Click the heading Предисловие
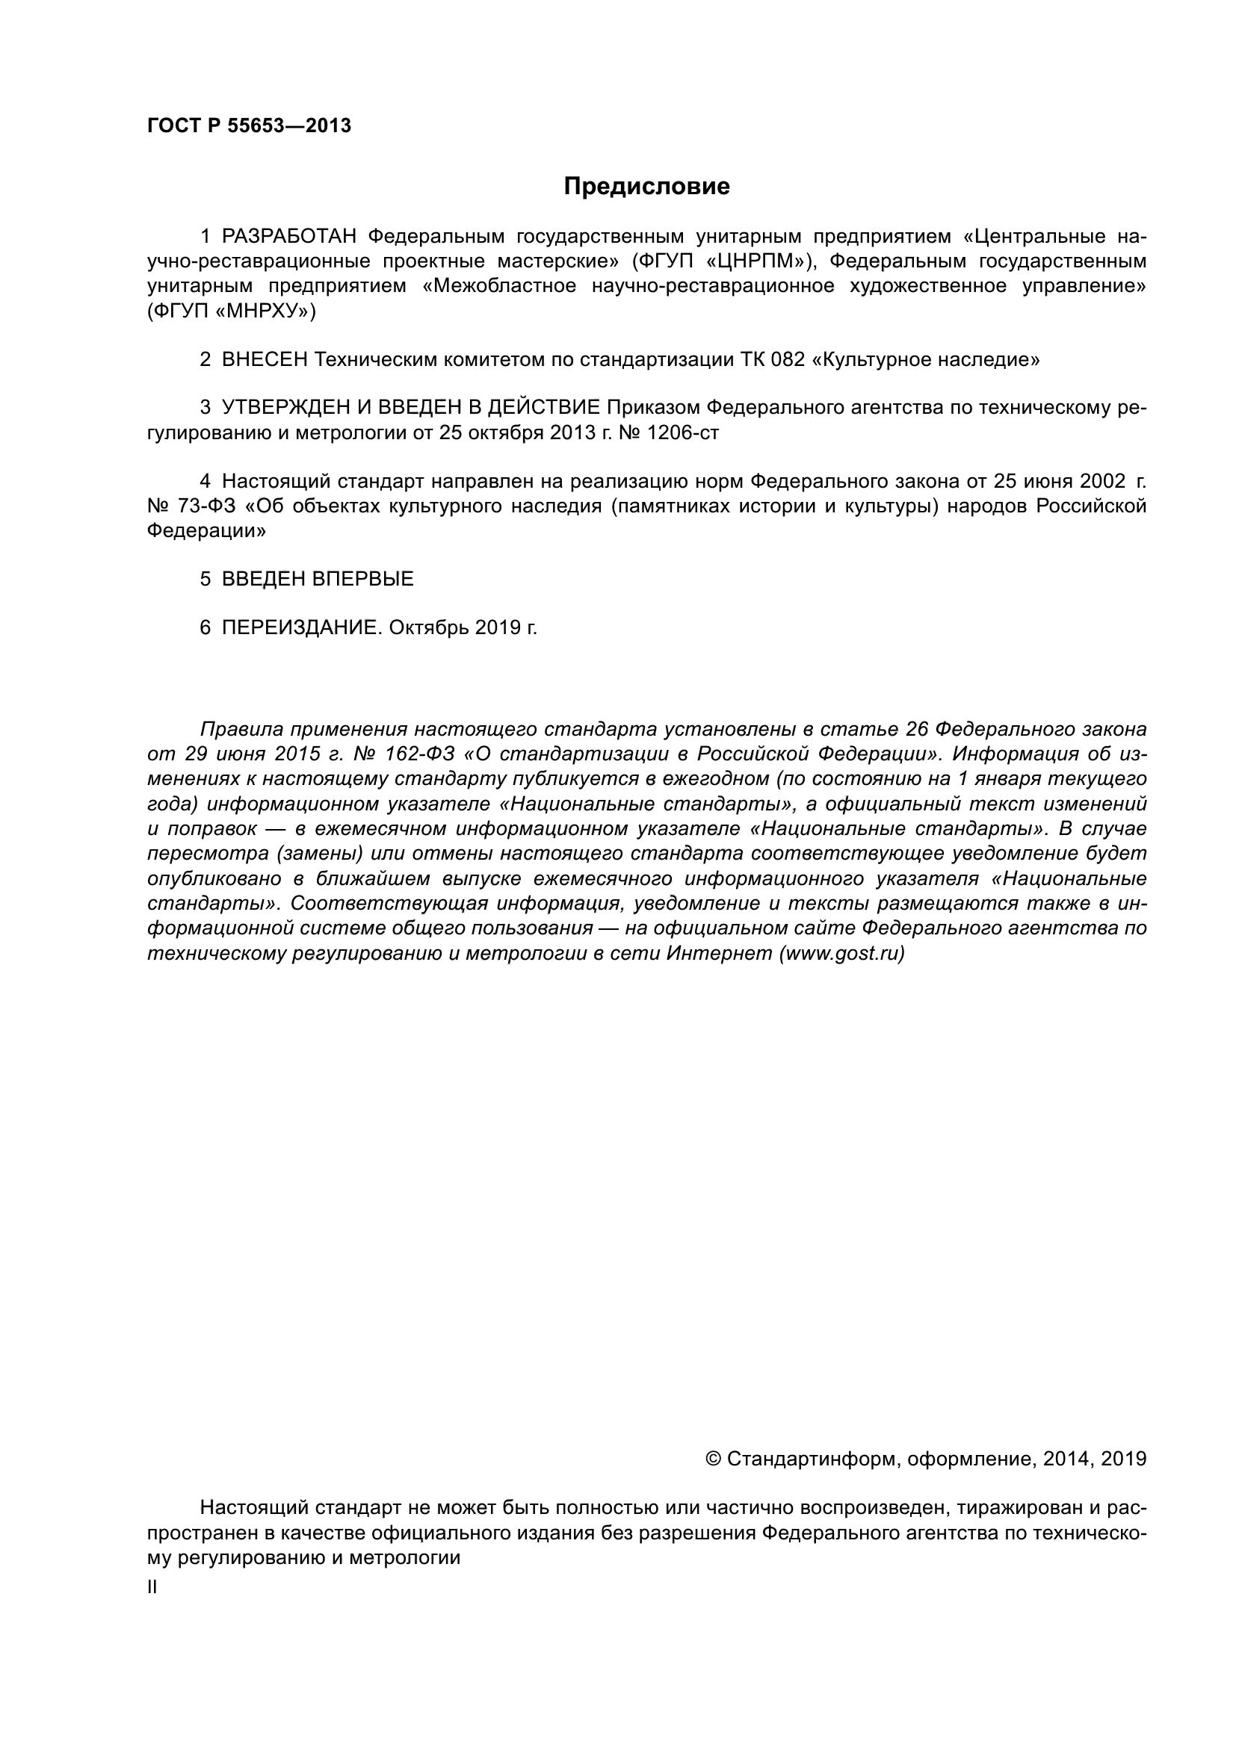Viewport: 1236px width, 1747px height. pyautogui.click(x=646, y=187)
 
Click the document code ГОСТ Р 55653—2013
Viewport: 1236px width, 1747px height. pyautogui.click(x=249, y=126)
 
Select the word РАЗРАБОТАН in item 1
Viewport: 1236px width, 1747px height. pyautogui.click(x=288, y=237)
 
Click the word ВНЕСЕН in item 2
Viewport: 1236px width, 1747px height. pyautogui.click(x=265, y=360)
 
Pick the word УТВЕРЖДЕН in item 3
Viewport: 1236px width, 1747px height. pyautogui.click(x=285, y=409)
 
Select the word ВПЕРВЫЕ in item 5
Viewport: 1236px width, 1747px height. pyautogui.click(x=362, y=579)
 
